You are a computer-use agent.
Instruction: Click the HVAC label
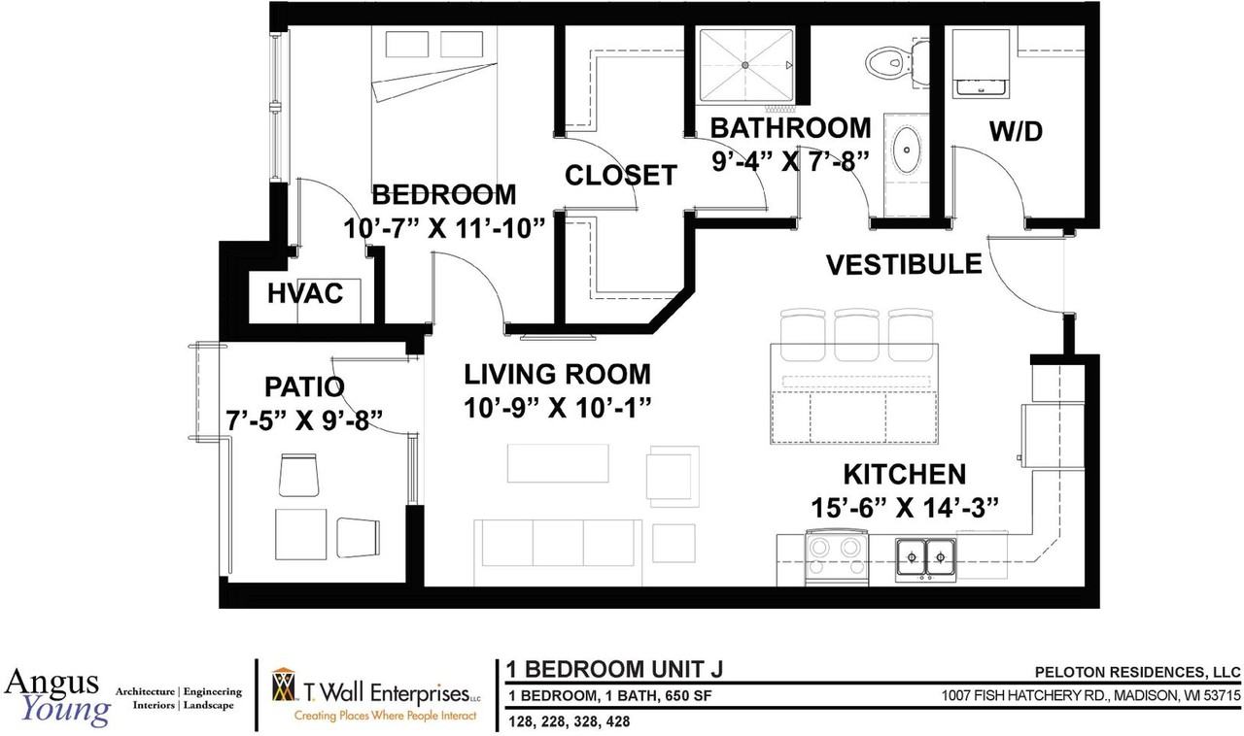[x=304, y=293]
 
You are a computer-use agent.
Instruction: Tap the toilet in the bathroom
[x=885, y=60]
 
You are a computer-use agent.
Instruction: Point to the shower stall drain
[x=745, y=64]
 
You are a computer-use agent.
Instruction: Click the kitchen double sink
[x=925, y=559]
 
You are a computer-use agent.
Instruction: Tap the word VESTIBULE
[x=903, y=264]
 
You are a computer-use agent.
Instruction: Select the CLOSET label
[x=621, y=176]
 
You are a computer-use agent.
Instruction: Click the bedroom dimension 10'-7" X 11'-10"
[x=443, y=229]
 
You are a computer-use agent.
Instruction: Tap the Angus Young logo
[x=56, y=696]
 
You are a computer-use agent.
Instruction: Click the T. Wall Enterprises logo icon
[x=283, y=686]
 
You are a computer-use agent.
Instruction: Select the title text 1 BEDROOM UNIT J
[x=614, y=670]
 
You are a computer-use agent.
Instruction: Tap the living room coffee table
[x=558, y=463]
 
